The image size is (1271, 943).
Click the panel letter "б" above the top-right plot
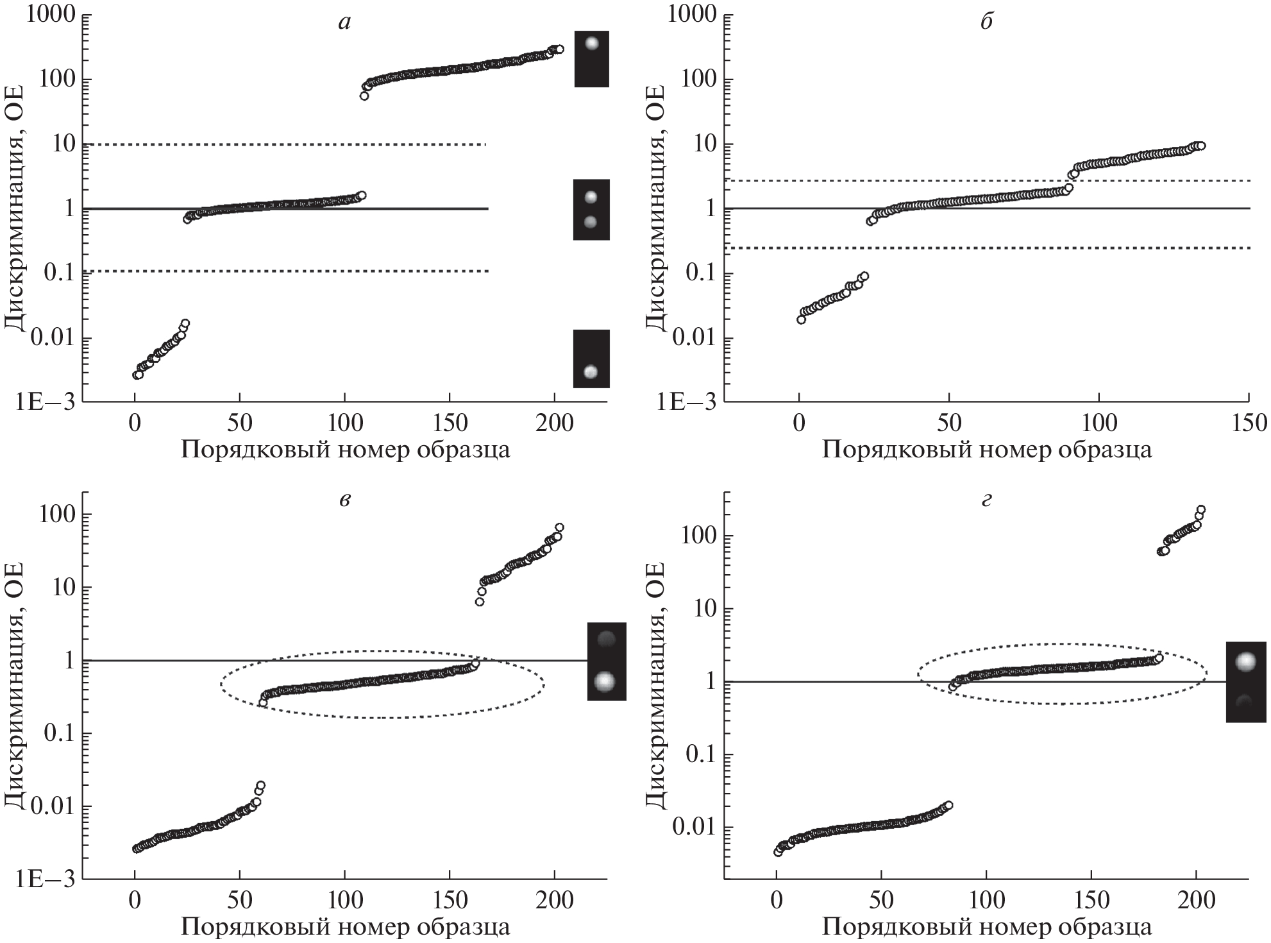[987, 22]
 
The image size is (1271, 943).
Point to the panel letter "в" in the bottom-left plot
[345, 500]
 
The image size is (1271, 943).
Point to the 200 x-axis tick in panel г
[1196, 901]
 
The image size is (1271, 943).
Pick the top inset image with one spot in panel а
[591, 58]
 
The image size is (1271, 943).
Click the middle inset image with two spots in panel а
[591, 209]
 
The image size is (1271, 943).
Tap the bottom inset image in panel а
[591, 359]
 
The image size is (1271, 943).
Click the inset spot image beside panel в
[606, 661]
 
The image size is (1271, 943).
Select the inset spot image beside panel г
[1245, 682]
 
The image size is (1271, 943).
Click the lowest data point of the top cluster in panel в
[479, 602]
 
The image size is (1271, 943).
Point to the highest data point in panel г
[1200, 510]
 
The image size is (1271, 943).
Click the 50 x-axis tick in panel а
[239, 423]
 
